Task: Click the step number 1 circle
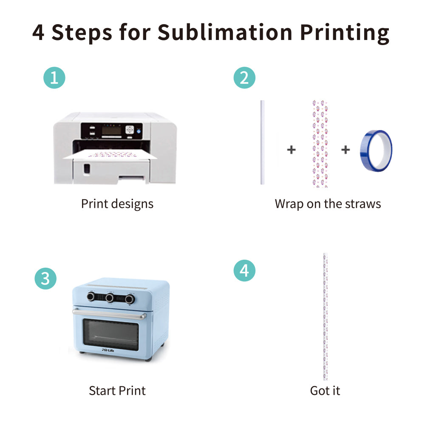pyautogui.click(x=54, y=78)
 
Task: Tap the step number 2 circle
pyautogui.click(x=244, y=78)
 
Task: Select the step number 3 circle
pyautogui.click(x=45, y=279)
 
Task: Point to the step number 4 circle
pyautogui.click(x=244, y=271)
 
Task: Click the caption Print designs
pyautogui.click(x=117, y=204)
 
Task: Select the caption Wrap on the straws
pyautogui.click(x=328, y=204)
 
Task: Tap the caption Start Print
pyautogui.click(x=117, y=391)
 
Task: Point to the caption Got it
pyautogui.click(x=325, y=391)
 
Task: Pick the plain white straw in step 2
pyautogui.click(x=262, y=142)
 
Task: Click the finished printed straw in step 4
pyautogui.click(x=325, y=317)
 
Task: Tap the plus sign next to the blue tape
pyautogui.click(x=346, y=150)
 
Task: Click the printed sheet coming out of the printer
pyautogui.click(x=110, y=156)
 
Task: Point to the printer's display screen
pyautogui.click(x=111, y=130)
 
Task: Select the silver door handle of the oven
pyautogui.click(x=110, y=314)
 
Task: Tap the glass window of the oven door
pyautogui.click(x=110, y=333)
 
